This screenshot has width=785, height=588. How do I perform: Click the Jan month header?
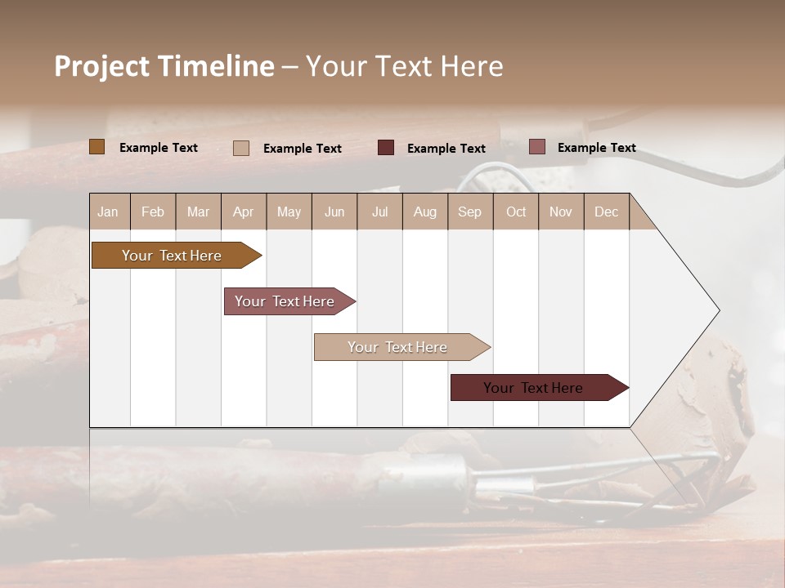pos(109,212)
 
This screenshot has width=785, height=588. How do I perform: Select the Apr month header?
pos(244,212)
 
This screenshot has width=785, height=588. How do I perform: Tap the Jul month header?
pos(379,212)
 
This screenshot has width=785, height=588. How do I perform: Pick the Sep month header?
pos(469,212)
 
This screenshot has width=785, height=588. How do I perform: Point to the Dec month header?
pos(606,212)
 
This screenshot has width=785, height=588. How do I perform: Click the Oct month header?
pos(515,212)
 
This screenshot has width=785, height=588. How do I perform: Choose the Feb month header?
pos(153,212)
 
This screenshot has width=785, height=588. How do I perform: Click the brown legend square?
pos(97,147)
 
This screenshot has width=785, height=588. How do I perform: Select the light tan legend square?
pos(241,148)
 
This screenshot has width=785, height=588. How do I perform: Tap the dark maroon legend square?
pos(386,147)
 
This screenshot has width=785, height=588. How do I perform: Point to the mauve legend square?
pos(537,147)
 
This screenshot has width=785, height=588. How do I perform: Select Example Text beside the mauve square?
pos(596,147)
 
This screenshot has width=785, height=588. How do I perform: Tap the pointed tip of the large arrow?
pos(717,310)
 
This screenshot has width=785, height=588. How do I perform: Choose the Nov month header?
pos(560,212)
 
